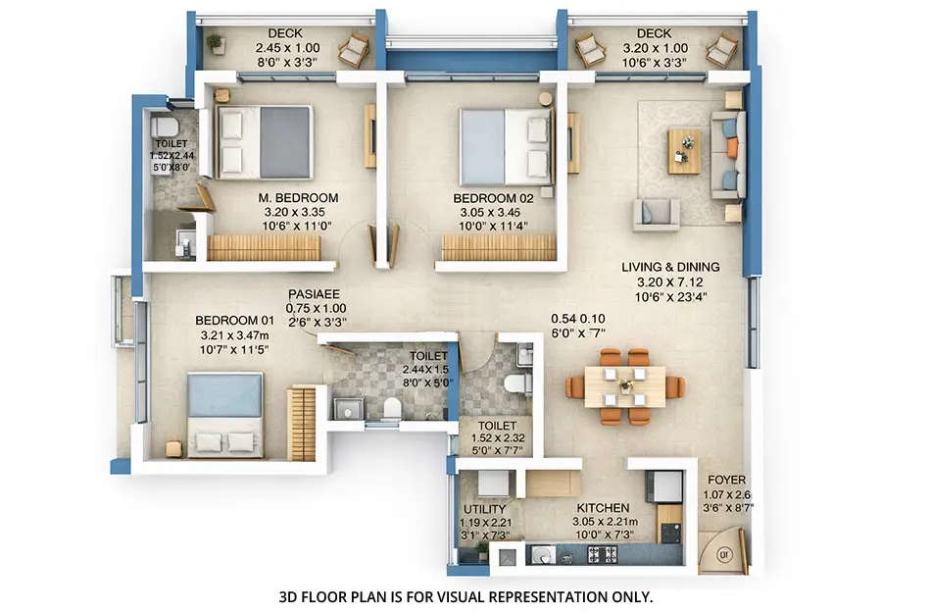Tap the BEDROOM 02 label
point(491,198)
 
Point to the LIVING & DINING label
point(670,267)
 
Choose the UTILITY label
point(485,509)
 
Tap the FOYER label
point(725,481)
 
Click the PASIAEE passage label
point(314,293)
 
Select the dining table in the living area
point(624,386)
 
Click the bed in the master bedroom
point(265,142)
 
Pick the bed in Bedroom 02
point(506,146)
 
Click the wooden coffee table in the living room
point(684,151)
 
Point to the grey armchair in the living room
point(656,213)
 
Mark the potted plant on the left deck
point(214,44)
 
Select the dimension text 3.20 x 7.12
point(670,282)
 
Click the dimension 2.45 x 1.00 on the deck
point(286,47)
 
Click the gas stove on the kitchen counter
point(602,554)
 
